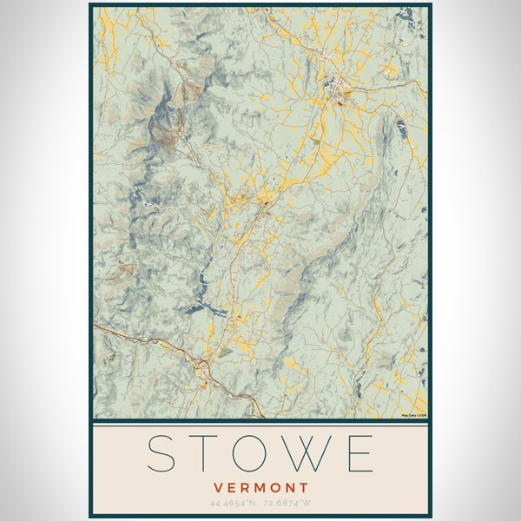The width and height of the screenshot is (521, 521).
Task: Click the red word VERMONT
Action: tap(260, 487)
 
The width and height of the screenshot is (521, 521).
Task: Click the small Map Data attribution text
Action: tap(414, 415)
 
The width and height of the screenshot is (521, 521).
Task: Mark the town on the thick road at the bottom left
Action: tap(202, 368)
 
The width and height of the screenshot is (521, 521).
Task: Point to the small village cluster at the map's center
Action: tap(264, 205)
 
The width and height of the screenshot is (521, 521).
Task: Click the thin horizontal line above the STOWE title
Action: tap(260, 425)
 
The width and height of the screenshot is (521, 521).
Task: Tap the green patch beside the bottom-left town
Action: tap(225, 353)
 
